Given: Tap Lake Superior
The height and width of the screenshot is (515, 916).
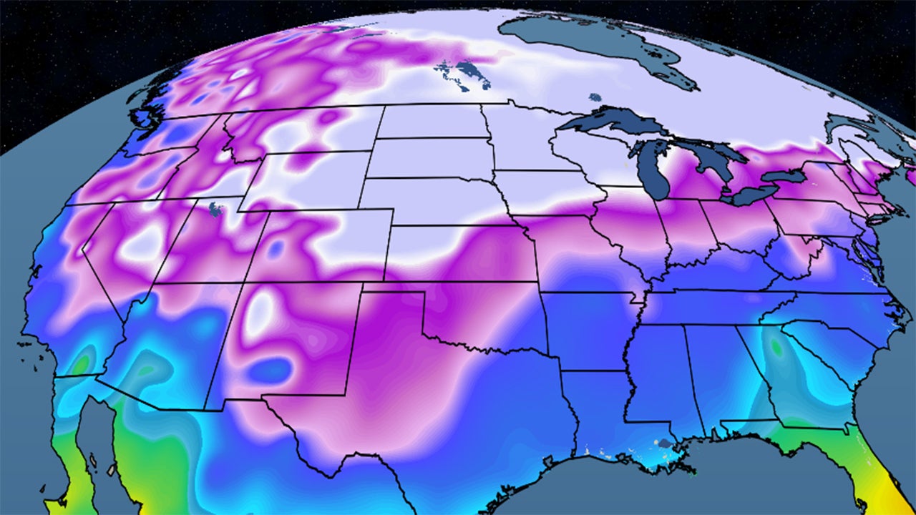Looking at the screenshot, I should pyautogui.click(x=608, y=121).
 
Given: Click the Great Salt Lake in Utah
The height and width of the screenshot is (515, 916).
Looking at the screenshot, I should pyautogui.click(x=214, y=209).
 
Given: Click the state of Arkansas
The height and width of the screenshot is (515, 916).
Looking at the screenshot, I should pyautogui.click(x=587, y=329).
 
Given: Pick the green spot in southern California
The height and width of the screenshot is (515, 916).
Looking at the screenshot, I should pyautogui.click(x=84, y=361).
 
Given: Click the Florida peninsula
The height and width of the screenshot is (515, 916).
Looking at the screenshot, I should pyautogui.click(x=869, y=458).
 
